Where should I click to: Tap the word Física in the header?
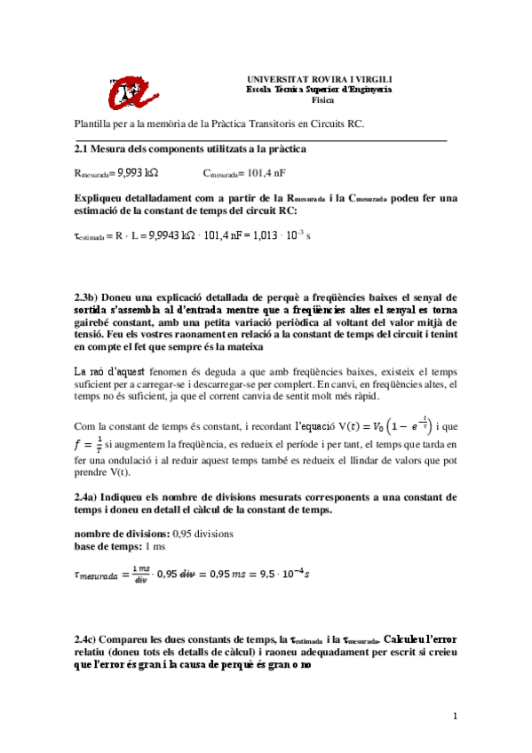(x=318, y=100)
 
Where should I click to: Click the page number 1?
(x=454, y=716)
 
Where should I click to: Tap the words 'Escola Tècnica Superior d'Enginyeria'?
(x=318, y=90)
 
